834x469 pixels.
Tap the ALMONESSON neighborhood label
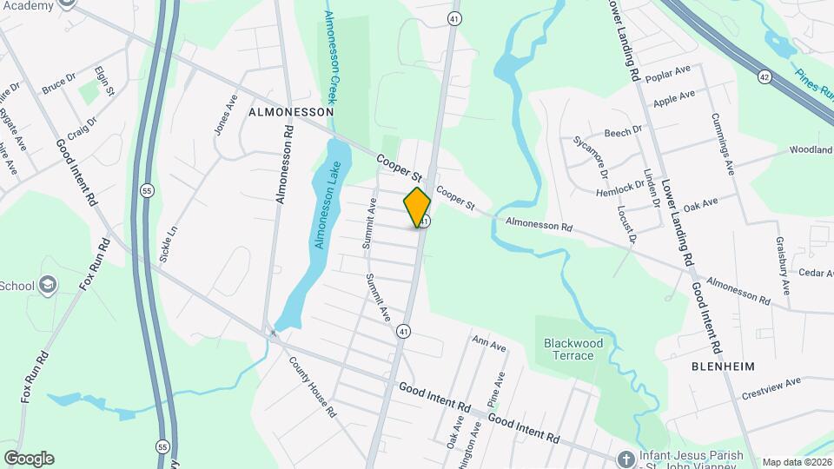pos(291,113)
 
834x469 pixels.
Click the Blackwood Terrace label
pos(573,349)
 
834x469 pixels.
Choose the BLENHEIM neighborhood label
pos(722,366)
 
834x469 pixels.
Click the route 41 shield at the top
pos(454,18)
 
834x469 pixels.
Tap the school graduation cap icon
pos(47,285)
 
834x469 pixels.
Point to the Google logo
pos(29,458)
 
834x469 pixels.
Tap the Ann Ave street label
pos(488,344)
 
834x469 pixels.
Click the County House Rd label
pos(313,387)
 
